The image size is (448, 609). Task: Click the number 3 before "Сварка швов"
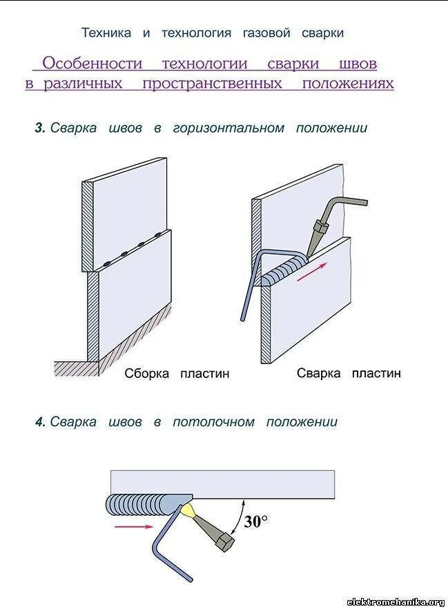39,128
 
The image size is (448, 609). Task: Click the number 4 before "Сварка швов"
39,422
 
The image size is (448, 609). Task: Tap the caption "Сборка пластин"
177,374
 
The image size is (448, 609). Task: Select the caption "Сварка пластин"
349,373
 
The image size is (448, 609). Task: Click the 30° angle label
255,521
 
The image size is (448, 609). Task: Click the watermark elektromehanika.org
396,601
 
